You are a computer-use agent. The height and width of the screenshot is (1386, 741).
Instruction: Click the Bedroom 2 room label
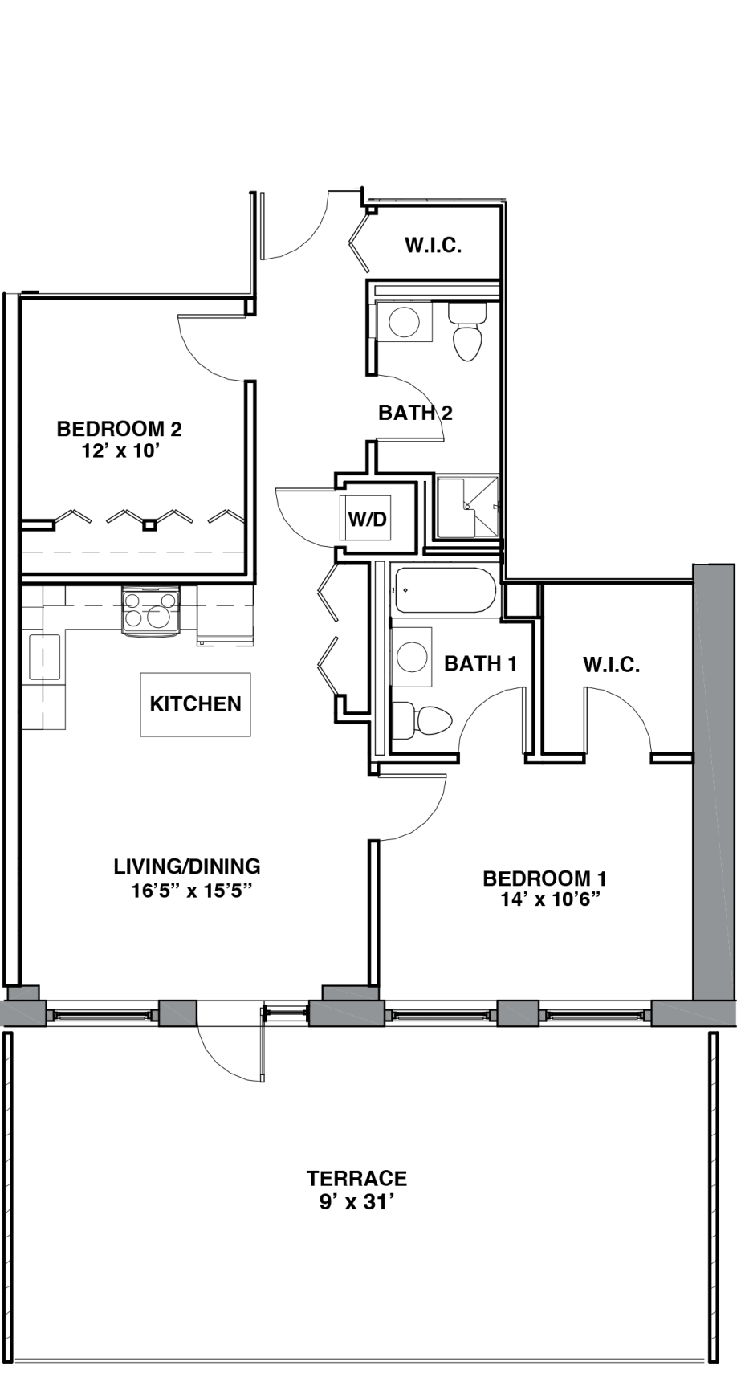click(x=119, y=429)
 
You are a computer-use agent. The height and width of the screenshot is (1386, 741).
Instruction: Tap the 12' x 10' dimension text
click(x=117, y=451)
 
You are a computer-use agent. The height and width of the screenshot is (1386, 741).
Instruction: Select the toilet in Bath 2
click(x=466, y=332)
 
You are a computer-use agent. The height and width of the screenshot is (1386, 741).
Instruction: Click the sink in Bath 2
click(x=404, y=322)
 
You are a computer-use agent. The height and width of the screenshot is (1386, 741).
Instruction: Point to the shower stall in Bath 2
click(x=466, y=507)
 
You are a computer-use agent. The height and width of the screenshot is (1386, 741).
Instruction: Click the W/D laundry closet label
click(x=367, y=519)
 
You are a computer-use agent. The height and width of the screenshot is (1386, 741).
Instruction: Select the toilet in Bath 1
click(x=423, y=720)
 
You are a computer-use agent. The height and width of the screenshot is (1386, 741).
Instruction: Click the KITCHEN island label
click(x=195, y=704)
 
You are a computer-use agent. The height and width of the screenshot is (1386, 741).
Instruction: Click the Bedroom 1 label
click(x=544, y=878)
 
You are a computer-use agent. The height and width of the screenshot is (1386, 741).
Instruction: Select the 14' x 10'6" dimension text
click(x=551, y=900)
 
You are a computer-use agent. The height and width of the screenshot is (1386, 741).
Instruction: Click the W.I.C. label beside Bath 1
click(x=611, y=665)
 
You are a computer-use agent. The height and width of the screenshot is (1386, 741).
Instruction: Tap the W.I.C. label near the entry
click(x=433, y=246)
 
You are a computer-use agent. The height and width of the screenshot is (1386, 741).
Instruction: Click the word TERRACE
click(x=356, y=1179)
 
